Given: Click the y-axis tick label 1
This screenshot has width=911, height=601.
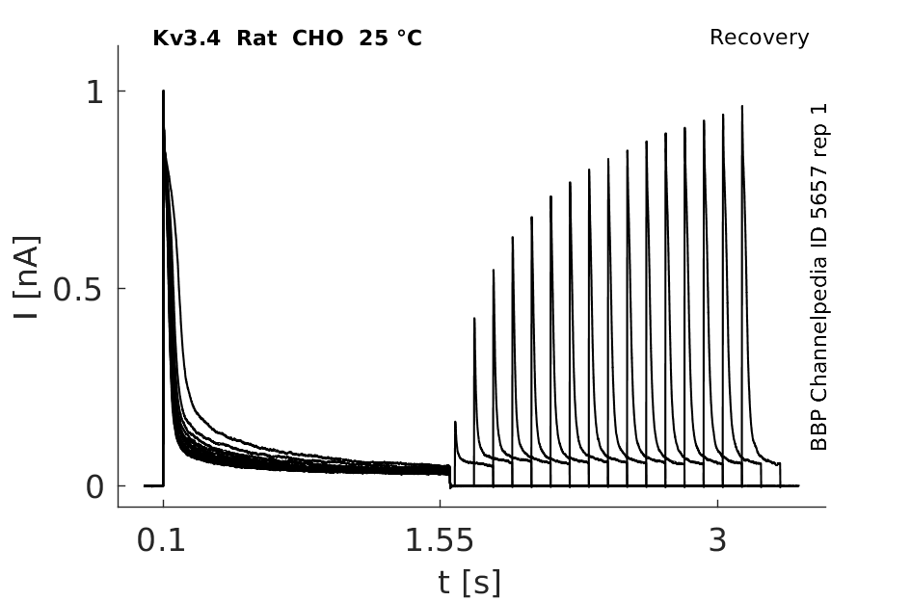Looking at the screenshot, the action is click(94, 91).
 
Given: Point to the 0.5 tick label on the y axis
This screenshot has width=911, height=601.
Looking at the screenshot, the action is click(78, 289).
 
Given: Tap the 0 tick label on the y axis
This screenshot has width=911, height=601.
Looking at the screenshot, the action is click(94, 486).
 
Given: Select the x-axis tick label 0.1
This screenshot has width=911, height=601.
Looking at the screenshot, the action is click(161, 540).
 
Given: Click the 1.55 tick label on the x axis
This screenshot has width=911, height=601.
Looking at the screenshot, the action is click(440, 540).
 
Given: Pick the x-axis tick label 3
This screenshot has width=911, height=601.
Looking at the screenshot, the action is click(717, 540).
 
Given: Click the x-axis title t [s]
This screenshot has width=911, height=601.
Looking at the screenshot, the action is click(469, 582).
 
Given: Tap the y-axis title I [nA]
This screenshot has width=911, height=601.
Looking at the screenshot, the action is click(26, 277).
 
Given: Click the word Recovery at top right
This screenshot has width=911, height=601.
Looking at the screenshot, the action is click(759, 38).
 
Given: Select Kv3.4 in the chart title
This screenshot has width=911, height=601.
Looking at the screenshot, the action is click(186, 39).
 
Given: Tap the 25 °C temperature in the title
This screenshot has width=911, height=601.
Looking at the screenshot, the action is click(390, 39).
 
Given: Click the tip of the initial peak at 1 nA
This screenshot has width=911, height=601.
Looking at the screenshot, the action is click(163, 91).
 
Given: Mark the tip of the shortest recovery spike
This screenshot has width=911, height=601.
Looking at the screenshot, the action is click(455, 422).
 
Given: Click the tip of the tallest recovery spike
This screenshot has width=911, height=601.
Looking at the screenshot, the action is click(742, 106).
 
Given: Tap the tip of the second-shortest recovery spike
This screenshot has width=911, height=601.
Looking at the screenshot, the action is click(474, 318).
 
